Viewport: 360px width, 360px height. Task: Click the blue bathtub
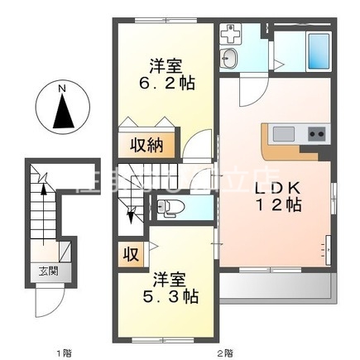(318, 51)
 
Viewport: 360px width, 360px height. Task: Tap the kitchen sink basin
(282, 134)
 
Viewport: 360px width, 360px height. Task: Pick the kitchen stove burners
(316, 134)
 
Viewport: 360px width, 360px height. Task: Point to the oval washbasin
(228, 58)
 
